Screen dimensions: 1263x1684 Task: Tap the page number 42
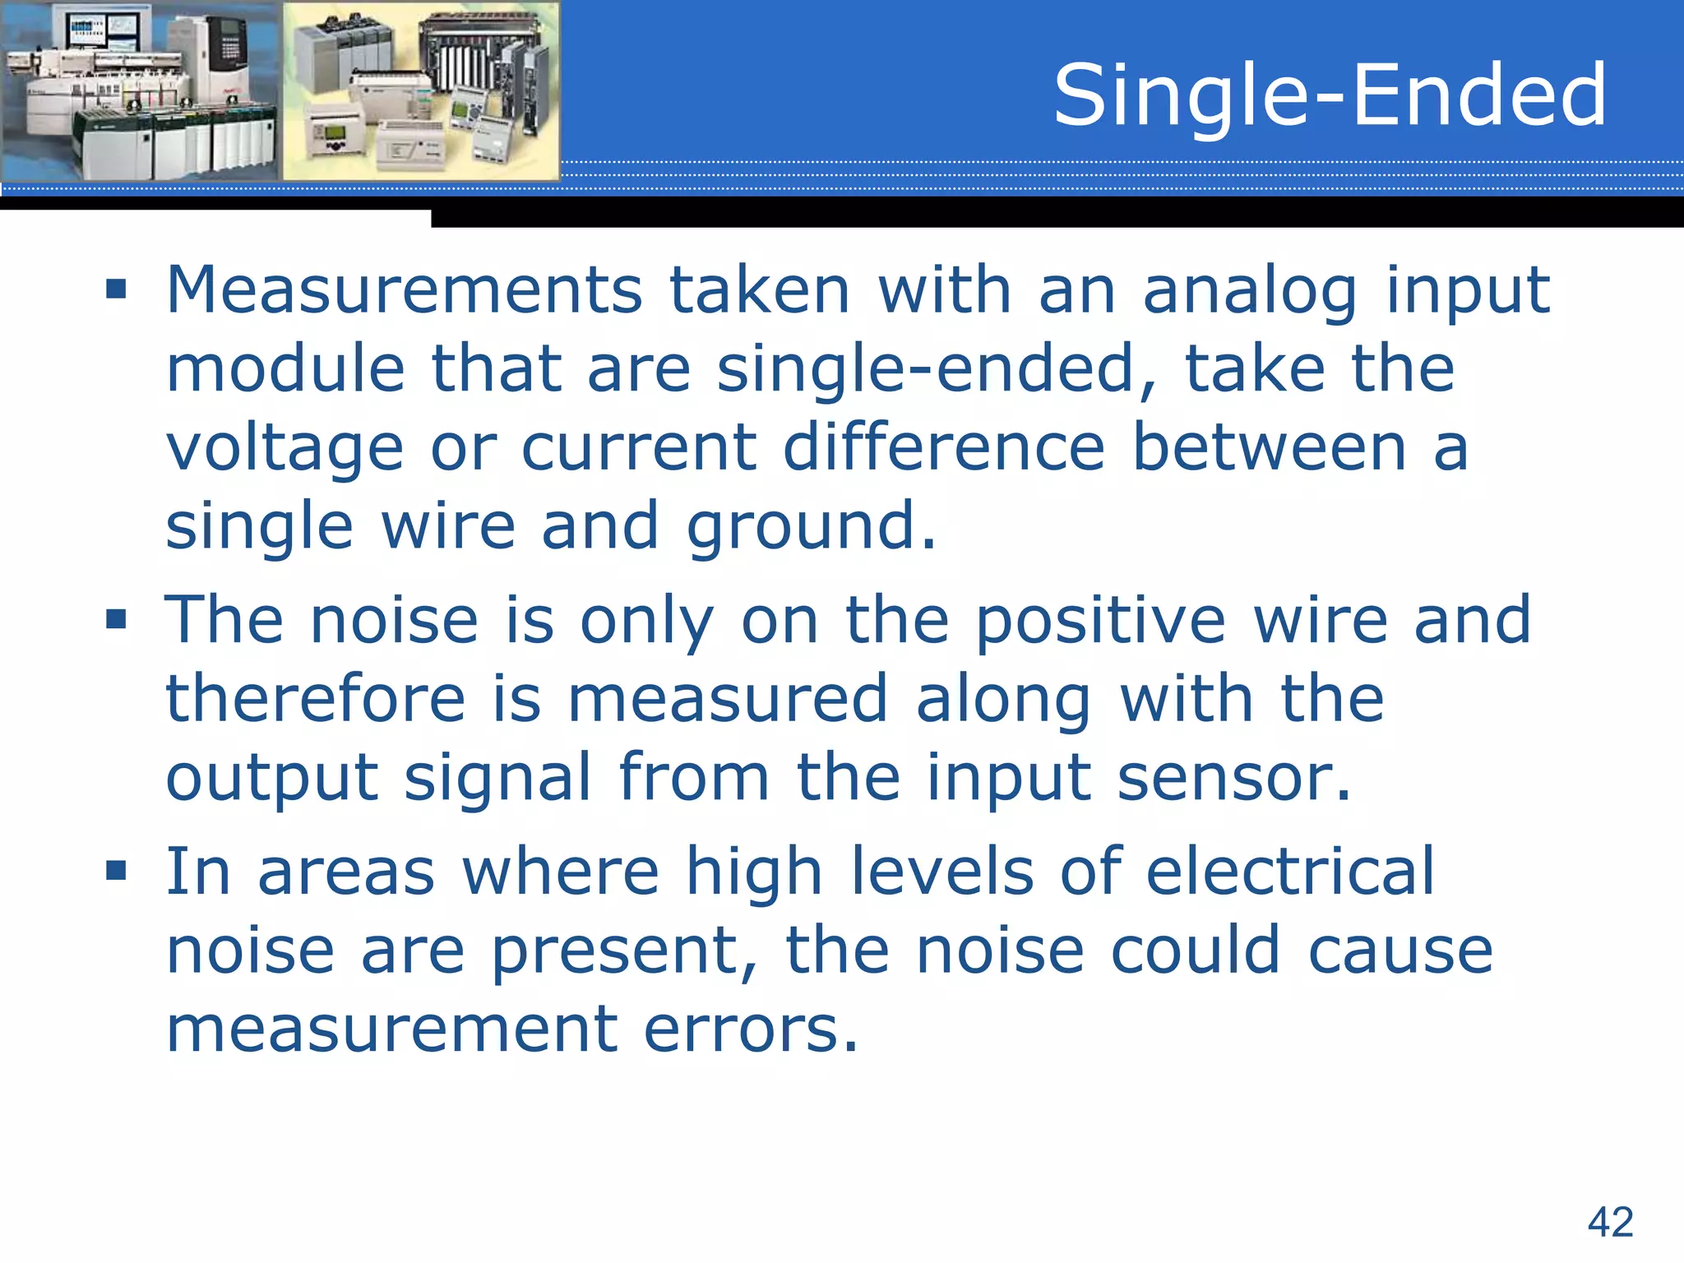pos(1610,1221)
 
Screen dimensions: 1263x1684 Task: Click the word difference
pos(943,447)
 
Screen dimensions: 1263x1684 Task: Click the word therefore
pos(316,698)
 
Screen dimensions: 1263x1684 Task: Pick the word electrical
pos(1290,871)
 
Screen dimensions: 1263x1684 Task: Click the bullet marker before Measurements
pos(116,289)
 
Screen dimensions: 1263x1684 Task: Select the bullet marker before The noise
pos(116,618)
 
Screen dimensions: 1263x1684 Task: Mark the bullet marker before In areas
pos(116,870)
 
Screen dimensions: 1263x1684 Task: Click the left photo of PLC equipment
pos(141,90)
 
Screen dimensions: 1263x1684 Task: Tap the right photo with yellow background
pos(421,90)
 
